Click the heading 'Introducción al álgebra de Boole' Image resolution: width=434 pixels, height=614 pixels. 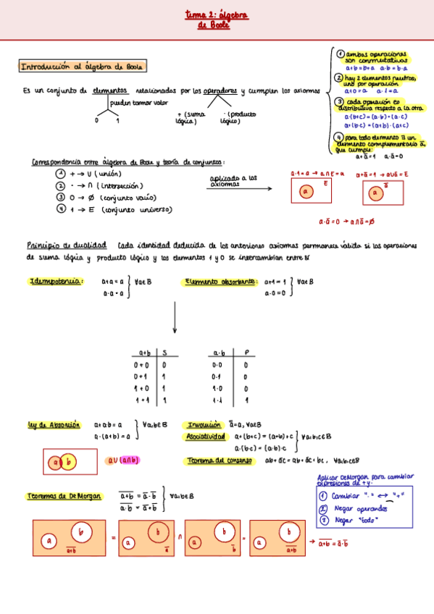point(82,67)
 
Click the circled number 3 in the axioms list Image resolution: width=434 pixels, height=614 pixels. point(338,103)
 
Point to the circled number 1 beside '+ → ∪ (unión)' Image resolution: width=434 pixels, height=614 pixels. point(62,174)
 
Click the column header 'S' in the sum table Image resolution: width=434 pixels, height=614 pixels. point(164,353)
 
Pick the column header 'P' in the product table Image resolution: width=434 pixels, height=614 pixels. point(246,353)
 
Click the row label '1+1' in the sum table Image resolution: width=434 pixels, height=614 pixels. point(141,400)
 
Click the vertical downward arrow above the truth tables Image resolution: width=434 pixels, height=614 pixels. point(175,319)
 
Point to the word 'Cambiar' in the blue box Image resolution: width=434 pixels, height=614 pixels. point(345,496)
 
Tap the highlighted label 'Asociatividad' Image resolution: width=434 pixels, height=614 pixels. point(205,437)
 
